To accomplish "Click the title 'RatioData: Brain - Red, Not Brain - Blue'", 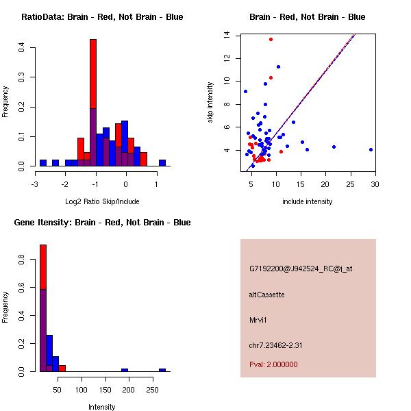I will [x=102, y=17].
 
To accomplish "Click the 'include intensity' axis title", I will [x=308, y=201].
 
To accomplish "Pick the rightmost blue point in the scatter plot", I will [x=371, y=149].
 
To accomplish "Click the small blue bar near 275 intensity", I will [x=162, y=370].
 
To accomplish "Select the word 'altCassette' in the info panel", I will [x=266, y=295].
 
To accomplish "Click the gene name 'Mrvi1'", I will [x=258, y=320].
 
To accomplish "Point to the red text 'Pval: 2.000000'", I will [x=273, y=364].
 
